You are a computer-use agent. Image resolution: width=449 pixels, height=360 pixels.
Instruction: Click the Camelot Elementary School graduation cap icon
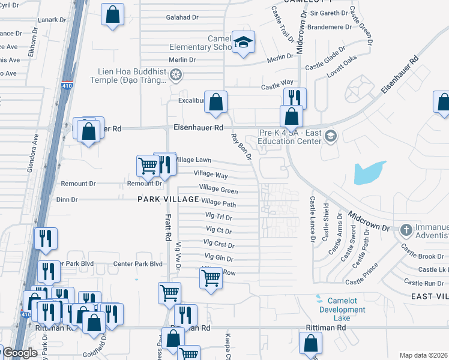pos(243,43)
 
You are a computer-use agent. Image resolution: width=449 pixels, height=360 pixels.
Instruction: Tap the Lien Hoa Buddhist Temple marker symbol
pos(176,75)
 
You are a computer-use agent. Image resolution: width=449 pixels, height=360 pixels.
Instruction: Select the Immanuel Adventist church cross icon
pos(406,230)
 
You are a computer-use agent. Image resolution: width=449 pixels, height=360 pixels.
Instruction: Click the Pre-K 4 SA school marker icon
pos(330,137)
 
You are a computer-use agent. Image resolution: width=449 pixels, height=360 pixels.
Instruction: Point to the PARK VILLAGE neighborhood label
pos(168,199)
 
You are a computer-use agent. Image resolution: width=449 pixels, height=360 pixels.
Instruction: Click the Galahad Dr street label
pos(182,17)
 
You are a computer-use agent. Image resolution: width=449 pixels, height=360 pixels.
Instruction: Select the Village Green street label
pos(218,189)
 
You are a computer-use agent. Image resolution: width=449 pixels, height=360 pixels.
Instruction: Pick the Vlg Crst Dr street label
pos(219,244)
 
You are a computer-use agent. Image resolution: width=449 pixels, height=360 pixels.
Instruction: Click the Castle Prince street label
pos(362,274)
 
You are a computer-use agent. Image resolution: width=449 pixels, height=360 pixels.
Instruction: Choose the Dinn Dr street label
pos(67,199)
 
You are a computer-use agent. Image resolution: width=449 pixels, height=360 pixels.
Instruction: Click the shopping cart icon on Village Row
pos(211,277)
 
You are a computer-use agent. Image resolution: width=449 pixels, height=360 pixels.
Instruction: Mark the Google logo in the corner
pos(19,353)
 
